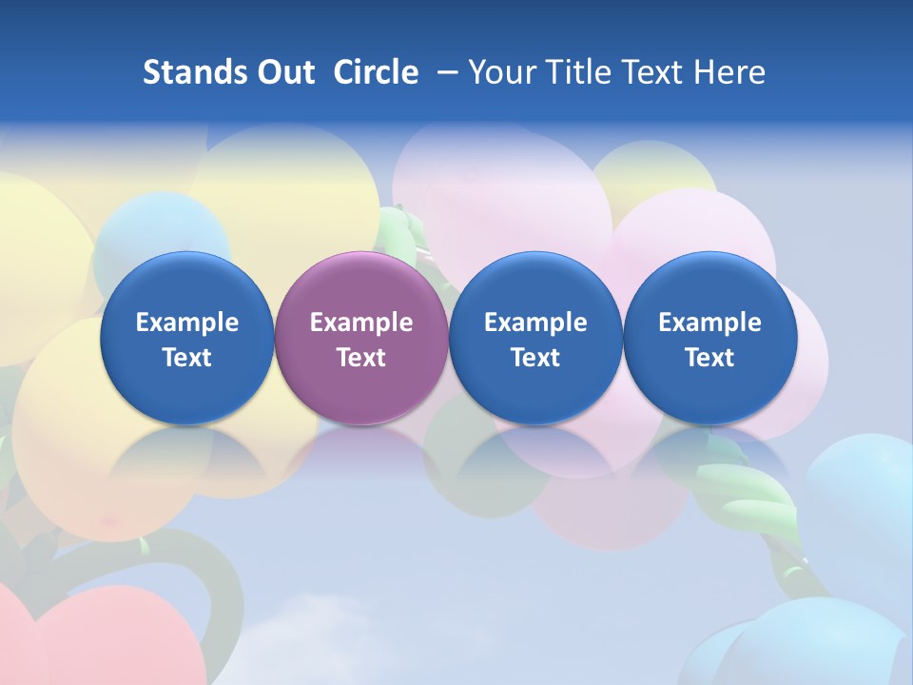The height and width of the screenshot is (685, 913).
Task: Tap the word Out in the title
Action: click(x=283, y=72)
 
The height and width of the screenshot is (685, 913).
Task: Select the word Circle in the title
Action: click(x=376, y=72)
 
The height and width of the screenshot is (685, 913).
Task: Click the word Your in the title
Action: click(x=500, y=72)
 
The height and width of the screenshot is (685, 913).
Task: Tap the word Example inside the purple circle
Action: click(x=361, y=323)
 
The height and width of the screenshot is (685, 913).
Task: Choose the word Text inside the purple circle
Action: click(x=361, y=358)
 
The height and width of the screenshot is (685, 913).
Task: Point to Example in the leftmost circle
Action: click(x=186, y=323)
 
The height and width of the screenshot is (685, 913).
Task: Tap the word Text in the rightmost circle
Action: click(x=709, y=358)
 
